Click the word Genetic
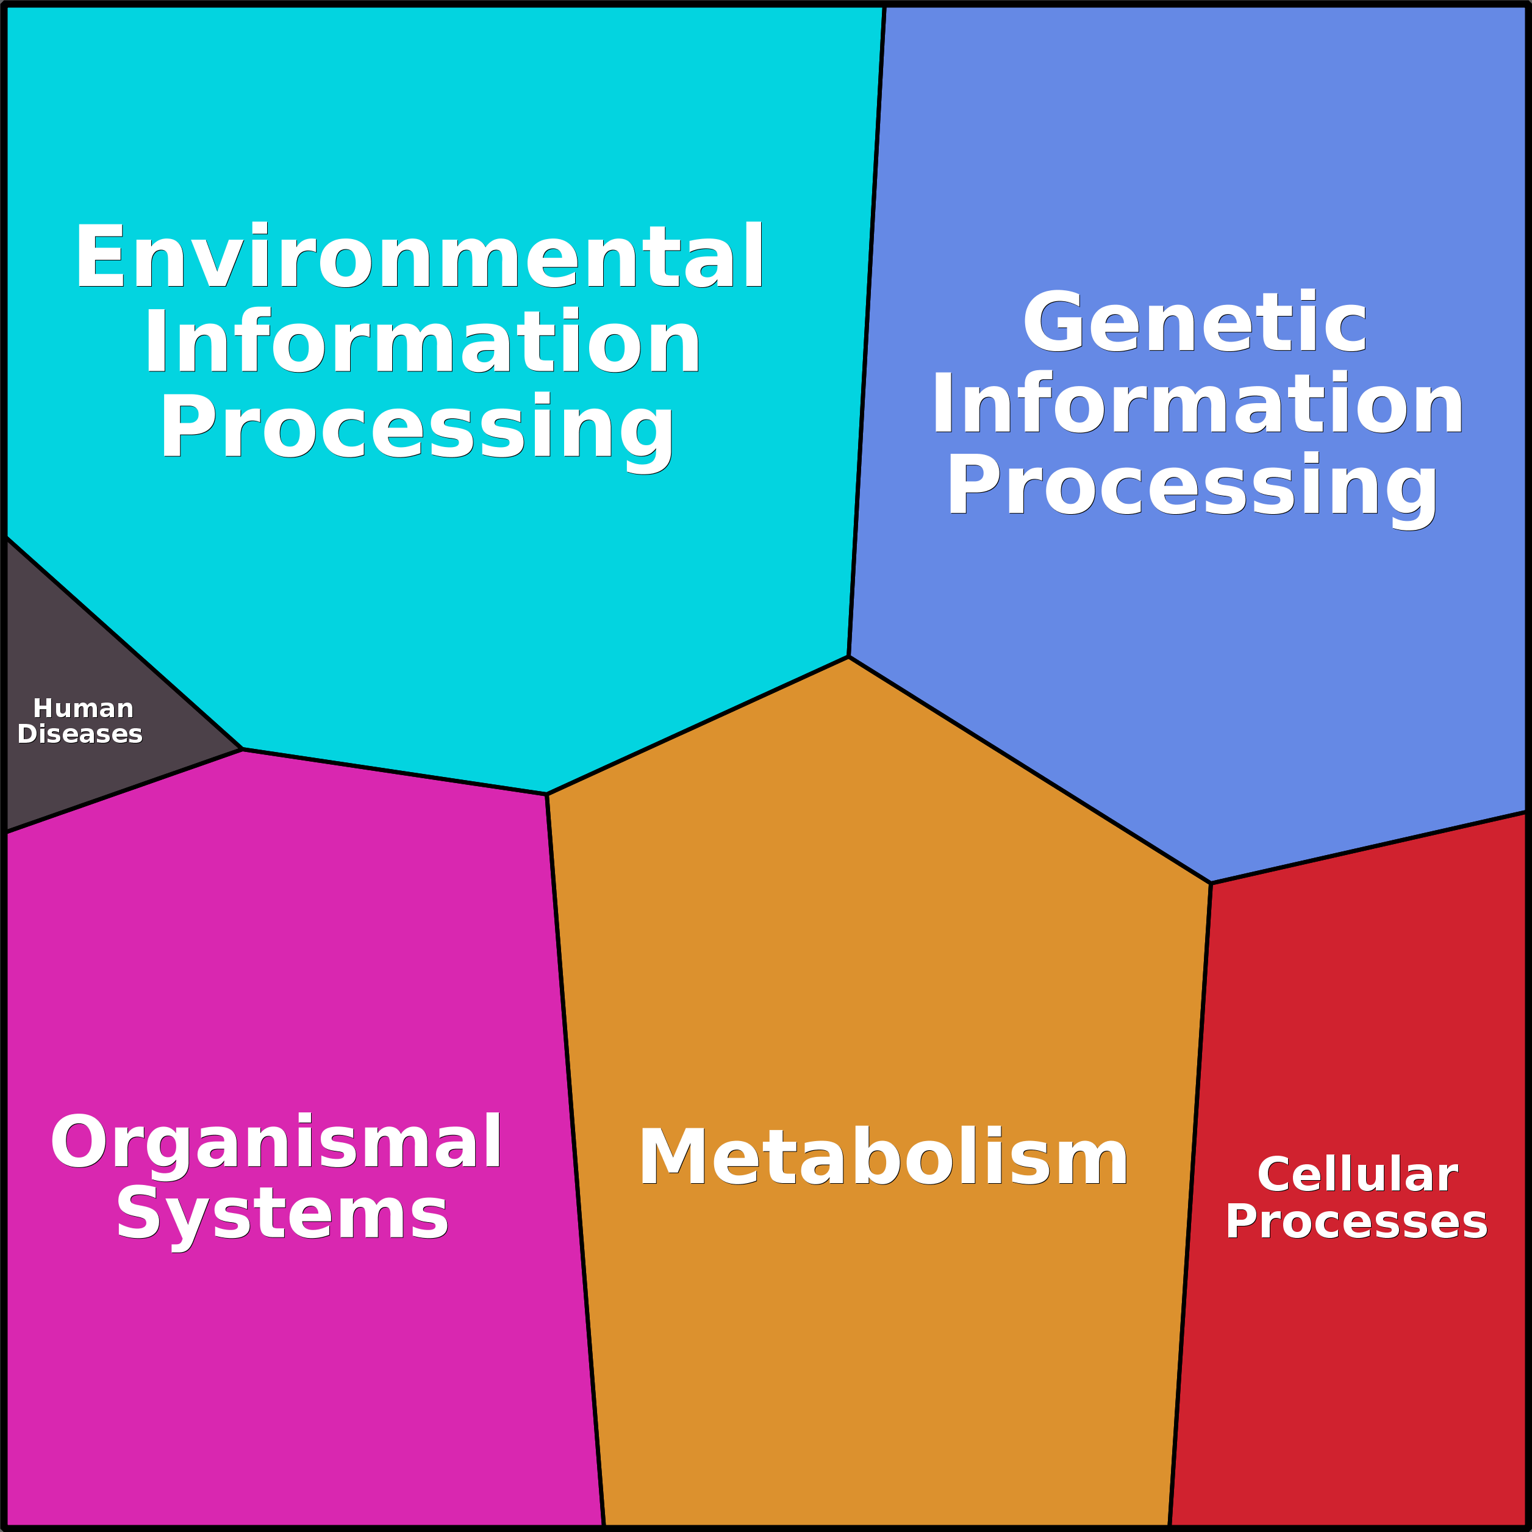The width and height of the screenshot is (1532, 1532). pyautogui.click(x=1195, y=323)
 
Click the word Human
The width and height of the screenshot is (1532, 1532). pyautogui.click(x=84, y=708)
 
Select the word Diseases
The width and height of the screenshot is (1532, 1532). pyautogui.click(x=80, y=734)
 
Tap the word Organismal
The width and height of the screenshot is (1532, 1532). pyautogui.click(x=276, y=1143)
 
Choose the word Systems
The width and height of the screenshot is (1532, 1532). pyautogui.click(x=282, y=1215)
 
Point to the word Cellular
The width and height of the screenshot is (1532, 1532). pyautogui.click(x=1358, y=1175)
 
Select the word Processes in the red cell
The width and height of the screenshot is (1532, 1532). pyautogui.click(x=1356, y=1222)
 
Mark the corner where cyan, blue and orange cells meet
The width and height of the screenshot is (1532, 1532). pyautogui.click(x=848, y=657)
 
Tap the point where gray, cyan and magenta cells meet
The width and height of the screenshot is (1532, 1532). pyautogui.click(x=242, y=750)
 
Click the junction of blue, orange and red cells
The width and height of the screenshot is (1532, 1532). pyautogui.click(x=1211, y=883)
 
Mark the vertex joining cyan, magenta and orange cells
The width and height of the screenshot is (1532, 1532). pyautogui.click(x=547, y=795)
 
